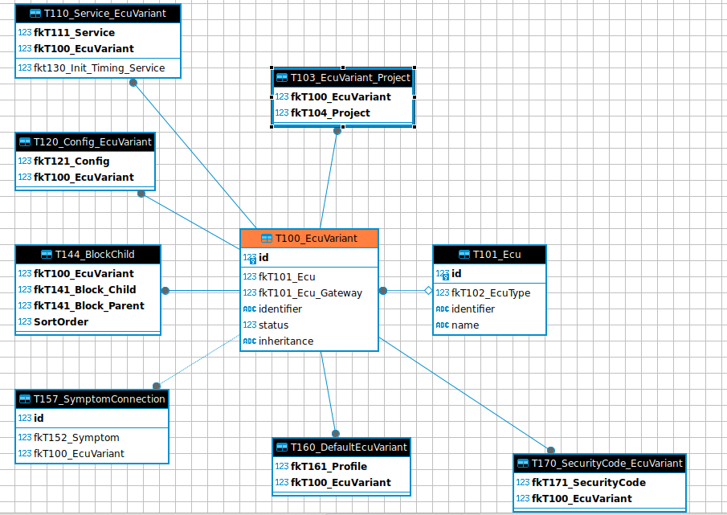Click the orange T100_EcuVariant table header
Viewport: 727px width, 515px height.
(309, 239)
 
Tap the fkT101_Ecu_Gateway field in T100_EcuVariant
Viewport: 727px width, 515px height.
(310, 293)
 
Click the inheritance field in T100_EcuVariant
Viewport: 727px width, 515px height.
(286, 341)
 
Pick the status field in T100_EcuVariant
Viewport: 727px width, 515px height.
(273, 325)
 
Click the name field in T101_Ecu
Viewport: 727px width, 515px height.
(465, 325)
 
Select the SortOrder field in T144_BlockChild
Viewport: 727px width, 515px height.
(61, 321)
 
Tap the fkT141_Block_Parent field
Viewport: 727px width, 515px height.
(89, 306)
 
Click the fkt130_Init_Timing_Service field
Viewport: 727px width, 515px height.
(100, 68)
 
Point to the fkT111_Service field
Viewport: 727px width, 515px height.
(74, 32)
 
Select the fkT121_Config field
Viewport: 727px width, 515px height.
(71, 161)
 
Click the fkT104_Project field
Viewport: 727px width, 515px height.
(330, 113)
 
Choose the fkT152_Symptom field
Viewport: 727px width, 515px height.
(76, 438)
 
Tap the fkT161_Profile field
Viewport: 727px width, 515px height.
(329, 466)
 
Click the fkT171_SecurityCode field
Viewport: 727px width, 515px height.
(588, 483)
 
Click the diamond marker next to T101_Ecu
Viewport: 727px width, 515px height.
(428, 291)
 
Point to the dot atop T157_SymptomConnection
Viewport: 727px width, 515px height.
(157, 386)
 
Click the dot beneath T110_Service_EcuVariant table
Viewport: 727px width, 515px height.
(133, 83)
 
